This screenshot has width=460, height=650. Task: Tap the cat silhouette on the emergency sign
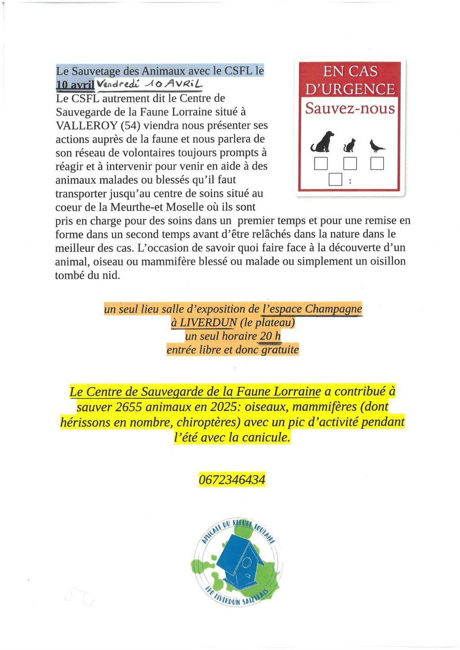[x=349, y=146]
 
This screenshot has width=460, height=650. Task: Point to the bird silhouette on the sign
[x=376, y=146]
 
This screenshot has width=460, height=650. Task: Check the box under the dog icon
[x=321, y=164]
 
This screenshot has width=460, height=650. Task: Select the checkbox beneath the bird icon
[x=377, y=164]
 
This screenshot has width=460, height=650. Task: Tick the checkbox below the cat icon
[x=350, y=164]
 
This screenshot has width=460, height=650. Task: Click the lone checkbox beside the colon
[x=336, y=179]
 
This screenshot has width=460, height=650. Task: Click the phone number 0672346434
[x=232, y=480]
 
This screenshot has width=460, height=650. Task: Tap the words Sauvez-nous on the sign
[x=349, y=108]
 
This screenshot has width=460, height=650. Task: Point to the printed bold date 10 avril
[x=75, y=84]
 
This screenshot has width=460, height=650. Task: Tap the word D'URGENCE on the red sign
[x=350, y=89]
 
